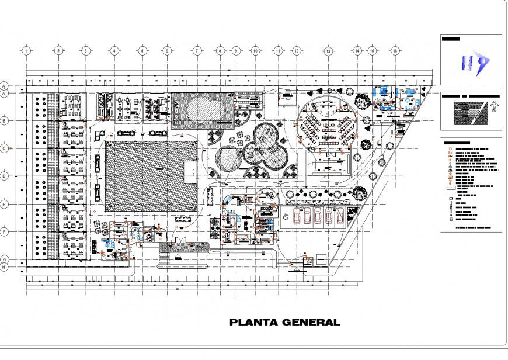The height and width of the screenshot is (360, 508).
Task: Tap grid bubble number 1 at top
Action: (27, 51)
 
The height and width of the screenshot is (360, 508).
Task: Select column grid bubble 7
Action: (197, 51)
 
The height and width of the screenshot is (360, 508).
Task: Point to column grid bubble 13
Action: (329, 51)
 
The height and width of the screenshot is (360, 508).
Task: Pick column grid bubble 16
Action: (395, 51)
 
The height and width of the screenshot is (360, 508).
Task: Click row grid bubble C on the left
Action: (4, 148)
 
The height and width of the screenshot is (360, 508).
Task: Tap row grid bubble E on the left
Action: (4, 205)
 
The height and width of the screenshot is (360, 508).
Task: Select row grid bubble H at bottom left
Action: (4, 267)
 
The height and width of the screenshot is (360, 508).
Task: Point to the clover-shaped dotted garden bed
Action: (266, 144)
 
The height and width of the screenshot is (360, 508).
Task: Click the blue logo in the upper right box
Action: (474, 64)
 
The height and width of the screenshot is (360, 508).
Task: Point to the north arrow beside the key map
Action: (495, 106)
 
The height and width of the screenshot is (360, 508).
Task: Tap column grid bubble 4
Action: (114, 51)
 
